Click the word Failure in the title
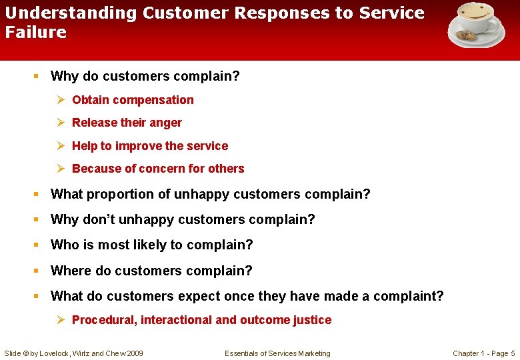pyautogui.click(x=36, y=32)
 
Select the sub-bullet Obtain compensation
pyautogui.click(x=133, y=100)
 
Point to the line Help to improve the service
pyautogui.click(x=149, y=146)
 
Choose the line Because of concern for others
pyautogui.click(x=158, y=169)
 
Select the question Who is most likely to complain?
pyautogui.click(x=151, y=245)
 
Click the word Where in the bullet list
pyautogui.click(x=69, y=271)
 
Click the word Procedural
pyautogui.click(x=103, y=320)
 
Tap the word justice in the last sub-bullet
pyautogui.click(x=312, y=320)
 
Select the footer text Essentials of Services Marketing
pyautogui.click(x=277, y=353)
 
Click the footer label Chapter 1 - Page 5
pyautogui.click(x=483, y=353)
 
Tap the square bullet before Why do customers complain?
pyautogui.click(x=37, y=77)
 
